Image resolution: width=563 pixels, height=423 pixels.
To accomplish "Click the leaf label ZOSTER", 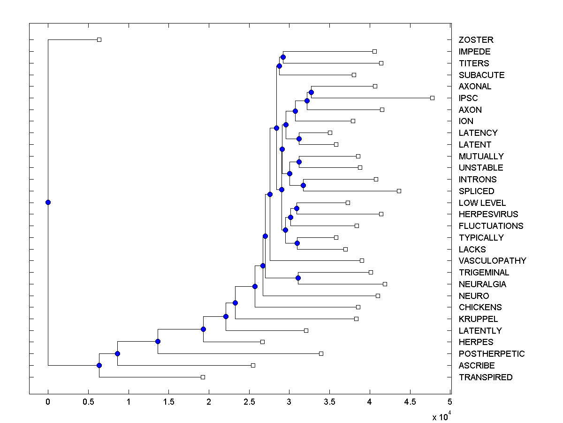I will click(476, 40).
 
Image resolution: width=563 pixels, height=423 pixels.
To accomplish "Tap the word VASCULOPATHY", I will click(492, 261).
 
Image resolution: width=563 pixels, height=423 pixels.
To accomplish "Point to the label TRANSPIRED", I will click(486, 377).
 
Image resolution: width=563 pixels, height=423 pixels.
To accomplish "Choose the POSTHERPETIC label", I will click(492, 354).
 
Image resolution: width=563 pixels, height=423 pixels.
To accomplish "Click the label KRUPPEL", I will click(478, 319).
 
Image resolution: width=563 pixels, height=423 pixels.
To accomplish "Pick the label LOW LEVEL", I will click(482, 203).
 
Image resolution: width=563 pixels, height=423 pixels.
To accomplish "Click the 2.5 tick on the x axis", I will click(249, 401).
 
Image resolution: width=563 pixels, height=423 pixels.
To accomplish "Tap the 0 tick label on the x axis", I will click(48, 401).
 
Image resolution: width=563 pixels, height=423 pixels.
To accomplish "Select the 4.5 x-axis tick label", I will click(410, 401).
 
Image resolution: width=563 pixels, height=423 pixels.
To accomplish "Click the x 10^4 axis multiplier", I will click(441, 417).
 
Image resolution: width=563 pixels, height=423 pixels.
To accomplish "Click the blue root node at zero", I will click(48, 202).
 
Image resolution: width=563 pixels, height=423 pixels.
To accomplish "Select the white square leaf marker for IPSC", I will click(432, 98).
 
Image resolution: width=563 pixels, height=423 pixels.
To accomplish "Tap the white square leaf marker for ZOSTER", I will click(99, 39).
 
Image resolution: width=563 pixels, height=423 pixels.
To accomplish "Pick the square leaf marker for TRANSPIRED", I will click(203, 377).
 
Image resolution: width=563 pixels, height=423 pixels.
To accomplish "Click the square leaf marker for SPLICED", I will click(399, 191).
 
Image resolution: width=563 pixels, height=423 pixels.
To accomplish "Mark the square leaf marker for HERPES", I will click(262, 342).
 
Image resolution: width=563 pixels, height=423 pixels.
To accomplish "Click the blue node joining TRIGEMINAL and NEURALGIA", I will click(298, 278).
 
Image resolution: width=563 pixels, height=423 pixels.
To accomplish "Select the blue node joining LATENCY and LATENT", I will click(299, 139).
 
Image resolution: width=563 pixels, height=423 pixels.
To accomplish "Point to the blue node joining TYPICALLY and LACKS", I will click(297, 243).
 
